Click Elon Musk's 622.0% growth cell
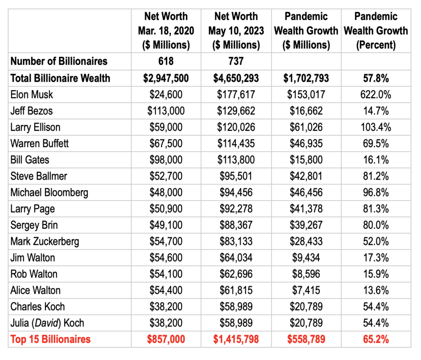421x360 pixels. point(376,95)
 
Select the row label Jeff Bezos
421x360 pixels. point(31,111)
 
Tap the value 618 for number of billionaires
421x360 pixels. point(166,61)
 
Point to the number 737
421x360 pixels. point(236,61)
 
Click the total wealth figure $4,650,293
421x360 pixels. point(236,78)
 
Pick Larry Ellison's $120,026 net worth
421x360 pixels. point(236,127)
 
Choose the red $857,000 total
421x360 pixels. point(166,339)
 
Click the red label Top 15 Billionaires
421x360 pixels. point(51,339)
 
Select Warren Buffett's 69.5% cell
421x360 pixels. point(376,143)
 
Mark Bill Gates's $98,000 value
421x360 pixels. point(166,160)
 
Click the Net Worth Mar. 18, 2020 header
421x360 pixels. point(166,30)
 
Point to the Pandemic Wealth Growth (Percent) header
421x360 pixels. point(376,30)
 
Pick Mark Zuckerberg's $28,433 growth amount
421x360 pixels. point(306,241)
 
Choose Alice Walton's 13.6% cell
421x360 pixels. point(376,291)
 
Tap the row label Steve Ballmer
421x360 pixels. point(39,176)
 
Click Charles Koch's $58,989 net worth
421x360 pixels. point(236,307)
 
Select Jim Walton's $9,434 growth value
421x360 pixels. point(306,258)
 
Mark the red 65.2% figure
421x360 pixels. point(376,339)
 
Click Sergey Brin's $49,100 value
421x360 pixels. point(166,225)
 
